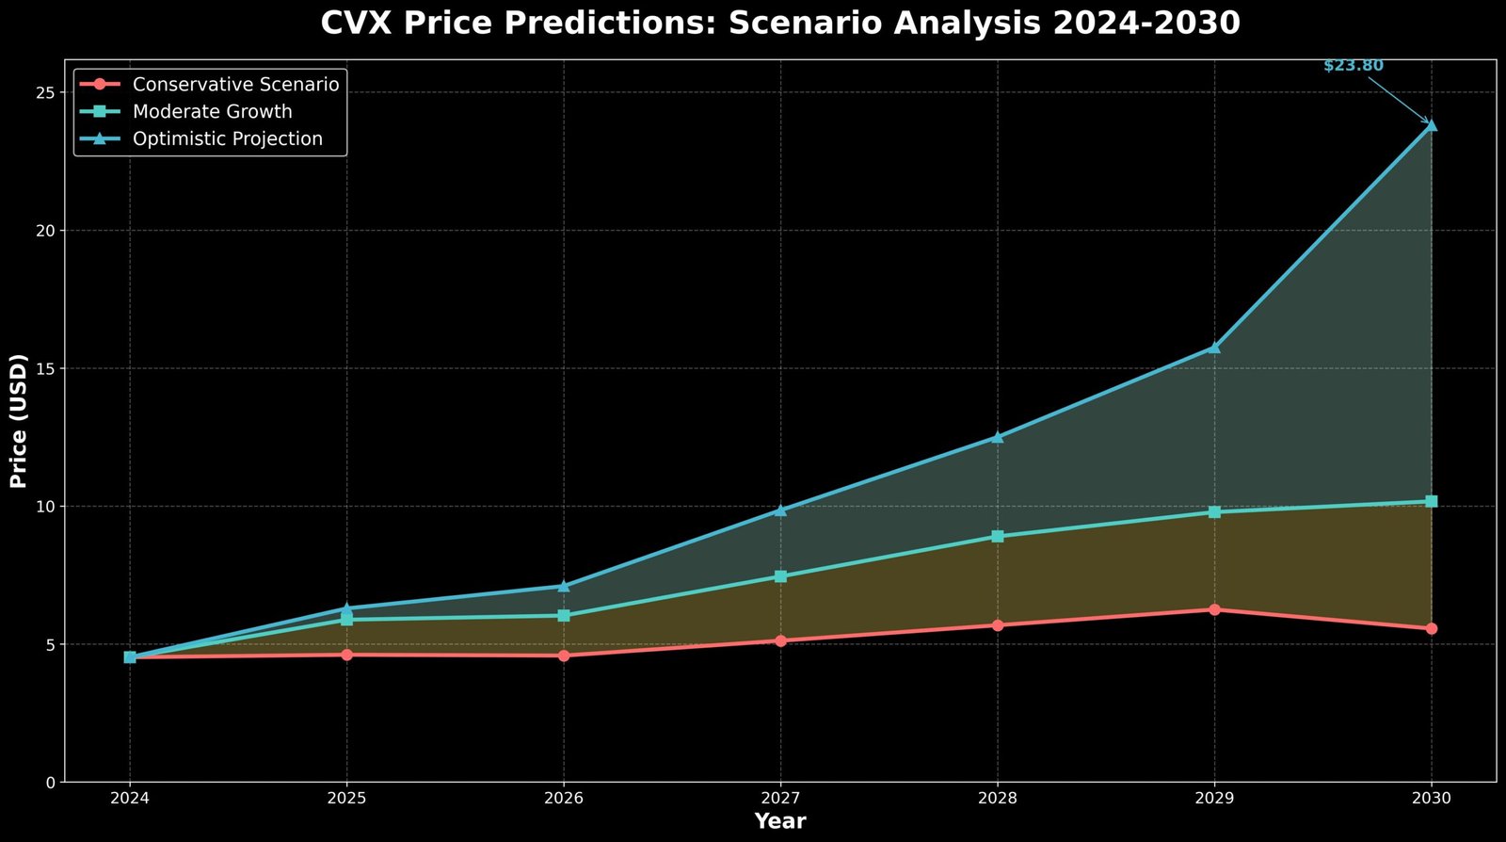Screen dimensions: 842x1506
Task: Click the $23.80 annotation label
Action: coord(1353,66)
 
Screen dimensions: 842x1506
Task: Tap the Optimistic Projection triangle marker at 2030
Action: coord(1431,124)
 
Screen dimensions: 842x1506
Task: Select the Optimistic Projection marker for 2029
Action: coord(1214,347)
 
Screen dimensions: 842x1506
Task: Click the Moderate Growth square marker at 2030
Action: coord(1431,501)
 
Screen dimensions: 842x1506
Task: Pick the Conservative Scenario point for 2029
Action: coord(1214,609)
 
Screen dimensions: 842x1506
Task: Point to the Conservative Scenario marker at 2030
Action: coord(1431,628)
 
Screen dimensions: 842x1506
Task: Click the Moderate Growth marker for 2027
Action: coord(780,576)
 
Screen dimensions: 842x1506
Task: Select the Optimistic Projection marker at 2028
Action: coord(998,437)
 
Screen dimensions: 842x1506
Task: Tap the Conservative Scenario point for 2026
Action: coord(564,656)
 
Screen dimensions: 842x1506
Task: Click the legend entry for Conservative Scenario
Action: coord(235,85)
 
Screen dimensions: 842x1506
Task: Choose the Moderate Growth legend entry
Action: coord(212,112)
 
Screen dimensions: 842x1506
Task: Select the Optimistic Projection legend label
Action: coord(227,139)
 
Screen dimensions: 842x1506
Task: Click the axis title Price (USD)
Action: coord(19,421)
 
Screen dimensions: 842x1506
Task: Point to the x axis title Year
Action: coord(780,821)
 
